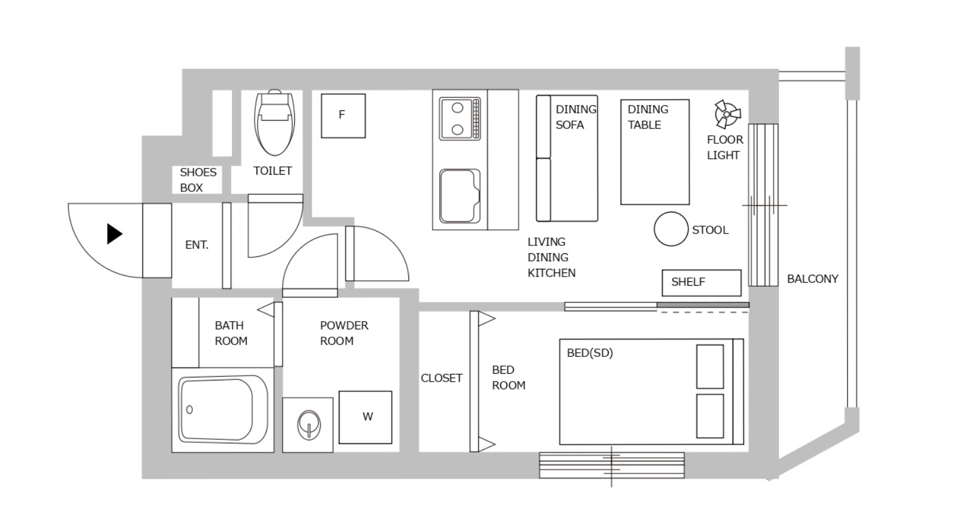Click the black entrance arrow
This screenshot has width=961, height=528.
(x=114, y=234)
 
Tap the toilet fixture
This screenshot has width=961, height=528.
(x=274, y=122)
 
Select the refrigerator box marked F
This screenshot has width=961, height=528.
(x=343, y=116)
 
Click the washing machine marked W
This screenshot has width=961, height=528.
(x=366, y=418)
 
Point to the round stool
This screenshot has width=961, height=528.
(x=671, y=229)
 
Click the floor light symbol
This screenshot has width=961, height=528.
(x=727, y=115)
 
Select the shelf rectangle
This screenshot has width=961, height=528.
(x=702, y=283)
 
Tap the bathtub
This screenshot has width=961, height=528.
(x=222, y=410)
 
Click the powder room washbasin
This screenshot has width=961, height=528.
(x=309, y=425)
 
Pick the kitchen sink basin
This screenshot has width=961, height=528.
(x=459, y=196)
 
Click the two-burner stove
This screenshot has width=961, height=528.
(x=460, y=119)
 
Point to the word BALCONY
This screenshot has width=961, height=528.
(x=813, y=279)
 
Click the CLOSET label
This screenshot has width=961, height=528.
(x=441, y=378)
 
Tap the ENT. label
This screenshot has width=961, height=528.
(x=196, y=245)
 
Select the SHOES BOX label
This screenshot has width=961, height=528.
(x=198, y=180)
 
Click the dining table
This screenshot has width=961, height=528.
(x=655, y=152)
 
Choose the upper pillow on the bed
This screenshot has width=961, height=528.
(x=710, y=367)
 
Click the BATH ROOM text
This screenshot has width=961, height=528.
(x=231, y=333)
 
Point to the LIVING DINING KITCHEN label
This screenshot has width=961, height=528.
(x=551, y=257)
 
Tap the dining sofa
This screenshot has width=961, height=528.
(x=567, y=158)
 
